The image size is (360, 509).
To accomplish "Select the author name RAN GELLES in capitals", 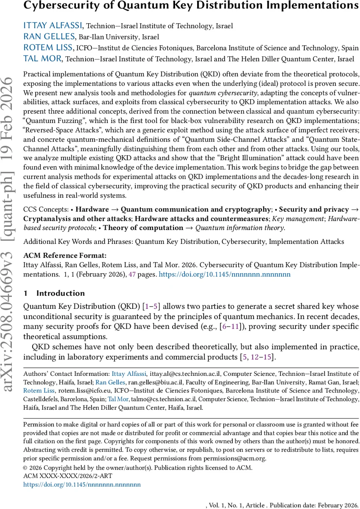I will (43, 36).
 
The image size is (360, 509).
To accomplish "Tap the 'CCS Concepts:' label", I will (45, 209).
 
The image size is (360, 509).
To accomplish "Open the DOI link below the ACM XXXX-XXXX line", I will (82, 484).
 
